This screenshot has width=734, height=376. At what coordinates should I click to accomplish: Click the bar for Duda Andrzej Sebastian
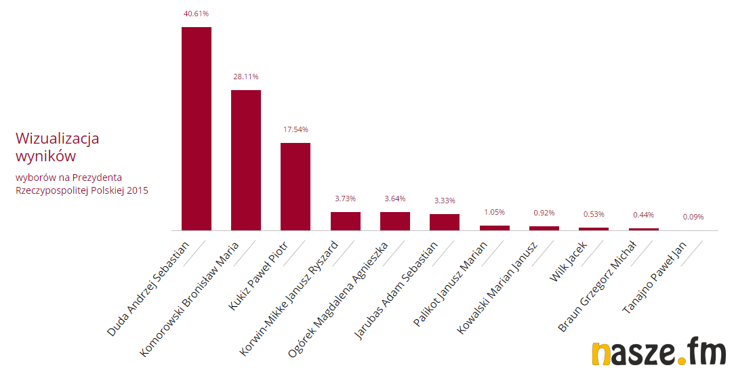[x=197, y=129]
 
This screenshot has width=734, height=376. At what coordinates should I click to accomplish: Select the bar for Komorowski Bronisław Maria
[x=246, y=160]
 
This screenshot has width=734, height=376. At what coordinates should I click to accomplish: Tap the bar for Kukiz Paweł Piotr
[x=295, y=186]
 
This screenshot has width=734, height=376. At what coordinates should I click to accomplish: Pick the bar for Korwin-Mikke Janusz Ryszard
[x=346, y=221]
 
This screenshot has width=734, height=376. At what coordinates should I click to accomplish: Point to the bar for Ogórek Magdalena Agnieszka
[x=395, y=221]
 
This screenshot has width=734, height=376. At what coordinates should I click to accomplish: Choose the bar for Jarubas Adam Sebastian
[x=445, y=222]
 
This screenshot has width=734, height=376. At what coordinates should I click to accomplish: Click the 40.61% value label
[x=197, y=13]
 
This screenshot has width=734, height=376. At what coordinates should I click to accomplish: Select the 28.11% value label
[x=246, y=77]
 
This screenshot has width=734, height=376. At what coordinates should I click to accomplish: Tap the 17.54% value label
[x=295, y=129]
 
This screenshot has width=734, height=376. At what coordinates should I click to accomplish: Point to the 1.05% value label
[x=494, y=212]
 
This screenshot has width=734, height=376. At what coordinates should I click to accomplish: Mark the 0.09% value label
[x=693, y=217]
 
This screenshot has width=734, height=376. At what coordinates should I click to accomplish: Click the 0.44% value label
[x=643, y=215]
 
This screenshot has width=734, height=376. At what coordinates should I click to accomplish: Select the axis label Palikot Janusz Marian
[x=450, y=284]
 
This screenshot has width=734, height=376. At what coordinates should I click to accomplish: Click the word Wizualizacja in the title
[x=58, y=138]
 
